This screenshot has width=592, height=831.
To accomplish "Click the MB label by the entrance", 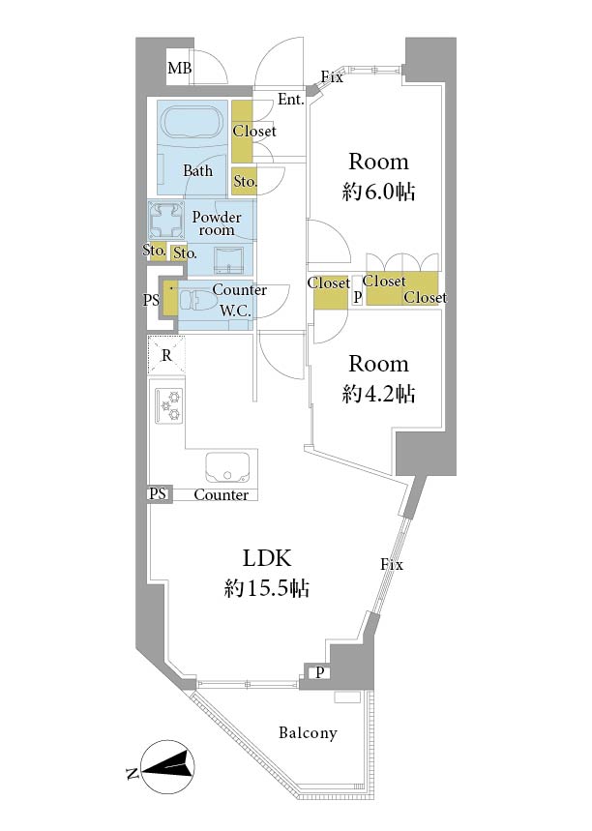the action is click(180, 68).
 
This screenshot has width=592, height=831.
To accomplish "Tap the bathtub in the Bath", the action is click(192, 125).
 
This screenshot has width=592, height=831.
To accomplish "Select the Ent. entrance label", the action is click(291, 99).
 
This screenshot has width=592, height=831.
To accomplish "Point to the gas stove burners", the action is click(169, 406).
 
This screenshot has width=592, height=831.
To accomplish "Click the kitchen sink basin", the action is click(227, 468).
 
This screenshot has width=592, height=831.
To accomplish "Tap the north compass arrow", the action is click(168, 765).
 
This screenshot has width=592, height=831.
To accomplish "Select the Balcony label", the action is click(308, 733).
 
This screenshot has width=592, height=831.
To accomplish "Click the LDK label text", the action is click(267, 558).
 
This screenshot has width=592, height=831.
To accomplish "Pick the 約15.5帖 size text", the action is click(267, 588).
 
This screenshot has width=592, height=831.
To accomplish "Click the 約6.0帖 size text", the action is click(378, 192).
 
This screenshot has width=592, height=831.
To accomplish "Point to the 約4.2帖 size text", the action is click(378, 394).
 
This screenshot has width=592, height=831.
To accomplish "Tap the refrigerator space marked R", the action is click(166, 355).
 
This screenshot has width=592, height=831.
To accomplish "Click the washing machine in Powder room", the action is click(165, 220).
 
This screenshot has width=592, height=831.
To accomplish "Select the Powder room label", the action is click(217, 223).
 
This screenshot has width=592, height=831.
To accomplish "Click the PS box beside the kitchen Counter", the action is click(158, 494).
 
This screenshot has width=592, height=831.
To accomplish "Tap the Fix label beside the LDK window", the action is click(392, 564).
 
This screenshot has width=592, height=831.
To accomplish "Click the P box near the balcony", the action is click(319, 673).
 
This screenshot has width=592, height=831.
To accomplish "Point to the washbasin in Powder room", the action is click(228, 260).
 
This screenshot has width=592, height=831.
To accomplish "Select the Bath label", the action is click(197, 170).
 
